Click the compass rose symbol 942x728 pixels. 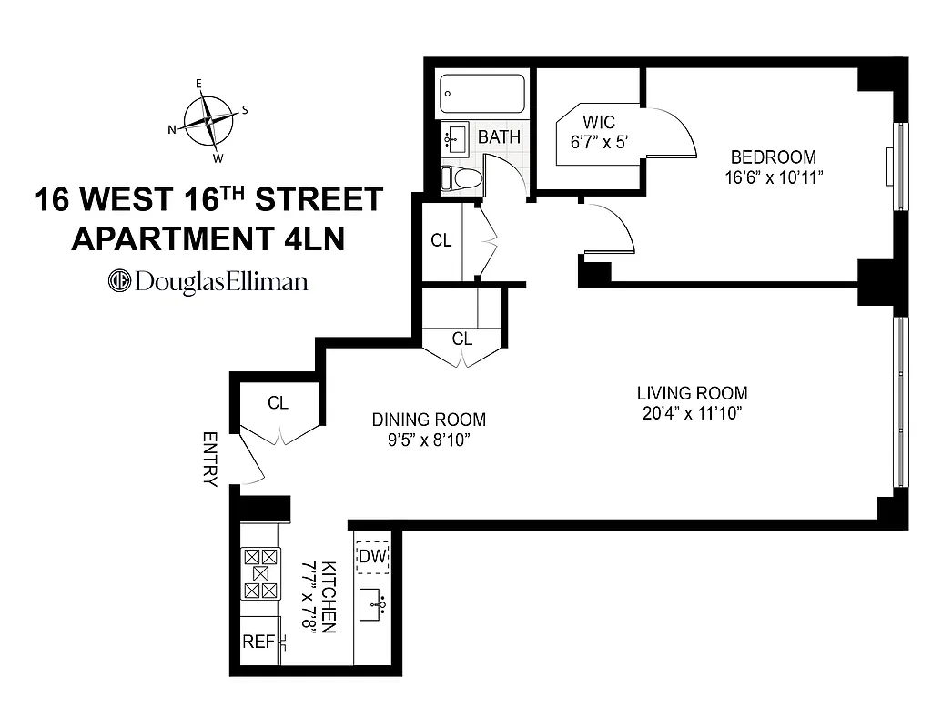pos(208,120)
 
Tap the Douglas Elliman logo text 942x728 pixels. pos(208,281)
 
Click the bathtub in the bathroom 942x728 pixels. pos(482,93)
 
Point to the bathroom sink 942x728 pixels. pos(455,138)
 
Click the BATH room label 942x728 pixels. pos(500,137)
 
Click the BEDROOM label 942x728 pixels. pos(774,157)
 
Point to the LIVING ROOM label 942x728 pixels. pos(692,393)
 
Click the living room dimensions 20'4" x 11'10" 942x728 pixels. pos(692,413)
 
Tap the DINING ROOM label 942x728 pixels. pos(429,420)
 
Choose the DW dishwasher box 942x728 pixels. pos(371,555)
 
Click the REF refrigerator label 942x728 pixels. pos(258,642)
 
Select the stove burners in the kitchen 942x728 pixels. pos(261,573)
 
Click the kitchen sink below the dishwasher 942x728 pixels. pos(373,604)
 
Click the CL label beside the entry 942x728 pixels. pos(278,403)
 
